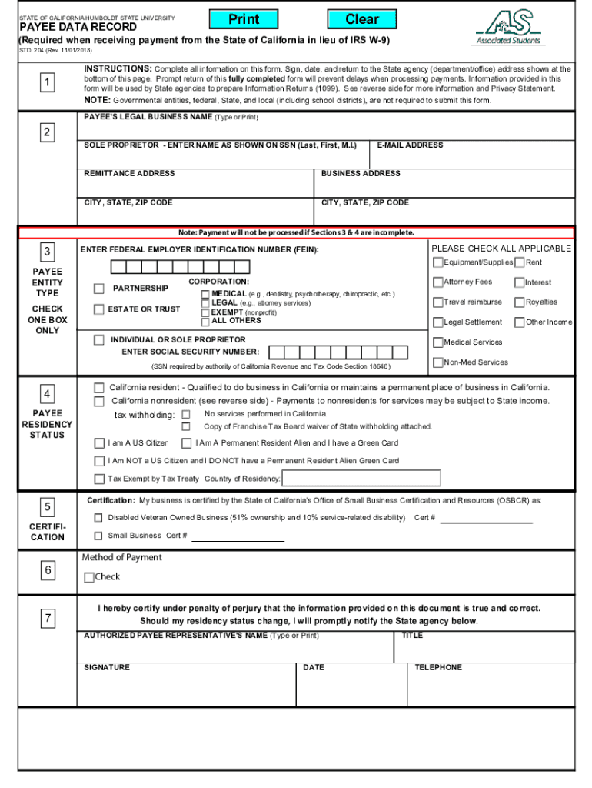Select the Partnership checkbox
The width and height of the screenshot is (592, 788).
99,289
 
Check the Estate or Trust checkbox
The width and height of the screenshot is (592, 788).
99,309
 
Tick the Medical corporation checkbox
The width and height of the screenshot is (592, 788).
205,294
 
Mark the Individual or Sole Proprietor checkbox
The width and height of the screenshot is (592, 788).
99,339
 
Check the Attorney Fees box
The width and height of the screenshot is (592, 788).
438,282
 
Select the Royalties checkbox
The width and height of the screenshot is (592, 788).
520,302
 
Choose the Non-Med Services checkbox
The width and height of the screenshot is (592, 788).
438,362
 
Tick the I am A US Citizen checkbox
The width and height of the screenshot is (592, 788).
99,443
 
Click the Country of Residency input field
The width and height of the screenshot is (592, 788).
361,479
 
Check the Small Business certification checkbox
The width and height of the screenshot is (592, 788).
98,536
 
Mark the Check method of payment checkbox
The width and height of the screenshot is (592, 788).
89,577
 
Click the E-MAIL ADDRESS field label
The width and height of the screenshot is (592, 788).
410,145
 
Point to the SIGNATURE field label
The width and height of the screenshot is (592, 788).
107,667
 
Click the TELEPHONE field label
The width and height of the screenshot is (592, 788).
438,667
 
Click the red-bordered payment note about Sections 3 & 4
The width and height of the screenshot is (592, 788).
296,232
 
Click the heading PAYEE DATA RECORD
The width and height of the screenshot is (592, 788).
78,27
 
